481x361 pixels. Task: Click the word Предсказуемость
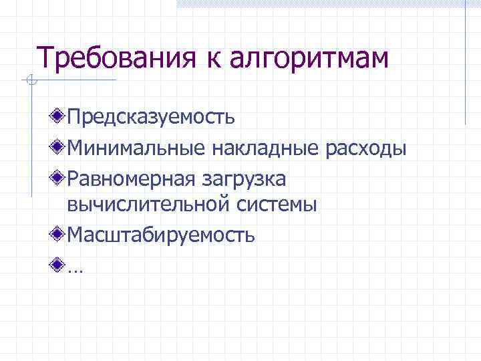click(x=151, y=118)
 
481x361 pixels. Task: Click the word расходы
click(x=365, y=148)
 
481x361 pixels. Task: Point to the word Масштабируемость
click(x=161, y=235)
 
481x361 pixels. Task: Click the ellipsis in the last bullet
click(x=72, y=269)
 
